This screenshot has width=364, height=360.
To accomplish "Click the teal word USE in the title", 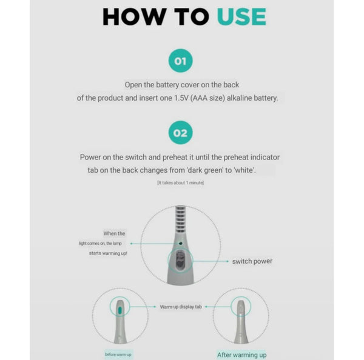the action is click(241, 16).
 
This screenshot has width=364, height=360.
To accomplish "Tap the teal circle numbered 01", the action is click(180, 61).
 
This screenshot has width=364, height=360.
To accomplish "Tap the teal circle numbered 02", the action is click(180, 133).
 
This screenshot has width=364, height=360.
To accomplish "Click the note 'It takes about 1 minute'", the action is click(180, 183).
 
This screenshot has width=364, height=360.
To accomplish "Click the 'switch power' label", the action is click(252, 261).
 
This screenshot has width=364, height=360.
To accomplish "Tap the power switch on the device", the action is click(180, 261).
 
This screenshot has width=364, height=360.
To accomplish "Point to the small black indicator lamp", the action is click(180, 243).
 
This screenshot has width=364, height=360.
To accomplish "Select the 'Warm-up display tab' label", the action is click(181, 307).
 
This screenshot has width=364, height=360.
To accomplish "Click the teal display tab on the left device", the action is click(120, 310).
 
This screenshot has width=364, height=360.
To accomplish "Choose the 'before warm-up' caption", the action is click(118, 355).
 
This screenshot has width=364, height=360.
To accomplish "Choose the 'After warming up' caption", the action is click(241, 355).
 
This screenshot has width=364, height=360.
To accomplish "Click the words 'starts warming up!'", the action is click(108, 253).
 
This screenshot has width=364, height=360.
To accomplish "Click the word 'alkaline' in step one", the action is click(239, 98).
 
